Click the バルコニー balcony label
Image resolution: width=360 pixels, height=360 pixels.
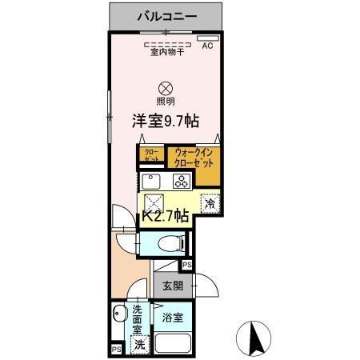166,15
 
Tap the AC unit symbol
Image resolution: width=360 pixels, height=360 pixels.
207,38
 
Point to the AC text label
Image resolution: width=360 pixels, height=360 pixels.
207,46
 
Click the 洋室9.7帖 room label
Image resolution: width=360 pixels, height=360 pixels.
166,121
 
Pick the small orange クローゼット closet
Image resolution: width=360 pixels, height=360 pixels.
150,156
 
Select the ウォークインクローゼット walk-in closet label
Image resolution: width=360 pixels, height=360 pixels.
194,157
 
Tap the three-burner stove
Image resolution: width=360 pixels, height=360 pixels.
182,181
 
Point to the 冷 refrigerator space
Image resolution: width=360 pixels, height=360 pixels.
208,204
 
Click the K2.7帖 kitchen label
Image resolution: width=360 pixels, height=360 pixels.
166,216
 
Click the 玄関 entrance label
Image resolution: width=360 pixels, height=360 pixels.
171,286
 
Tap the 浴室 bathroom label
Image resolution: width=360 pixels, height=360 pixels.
172,317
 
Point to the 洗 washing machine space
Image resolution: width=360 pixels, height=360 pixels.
139,345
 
